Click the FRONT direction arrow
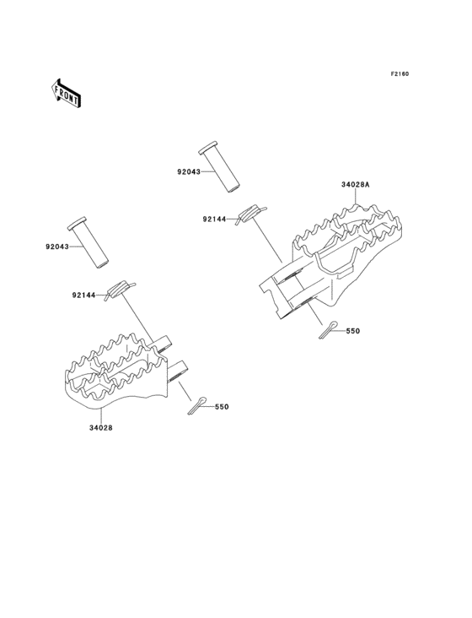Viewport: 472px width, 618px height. pyautogui.click(x=66, y=93)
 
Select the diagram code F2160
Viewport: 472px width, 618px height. pyautogui.click(x=400, y=73)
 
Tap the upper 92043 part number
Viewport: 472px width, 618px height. pyautogui.click(x=189, y=172)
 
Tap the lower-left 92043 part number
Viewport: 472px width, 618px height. pyautogui.click(x=57, y=247)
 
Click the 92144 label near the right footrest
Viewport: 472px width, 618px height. pyautogui.click(x=215, y=220)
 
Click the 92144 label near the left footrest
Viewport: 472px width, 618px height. pyautogui.click(x=83, y=295)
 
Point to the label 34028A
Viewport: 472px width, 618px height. pyautogui.click(x=356, y=184)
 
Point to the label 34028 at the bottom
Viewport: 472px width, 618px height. pyautogui.click(x=100, y=428)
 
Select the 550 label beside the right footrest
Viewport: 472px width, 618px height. pyautogui.click(x=353, y=331)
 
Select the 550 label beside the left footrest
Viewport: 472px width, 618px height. pyautogui.click(x=222, y=407)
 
